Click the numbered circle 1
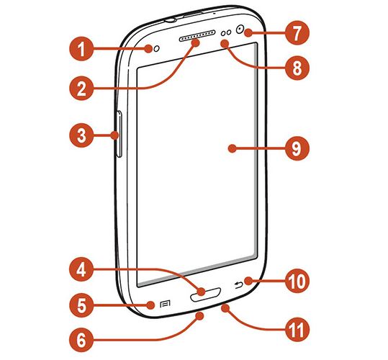pyautogui.click(x=81, y=49)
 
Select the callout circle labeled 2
pyautogui.click(x=81, y=88)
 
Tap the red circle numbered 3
pyautogui.click(x=81, y=135)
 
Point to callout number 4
pyautogui.click(x=81, y=269)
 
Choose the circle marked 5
pyautogui.click(x=81, y=305)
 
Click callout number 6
pyautogui.click(x=81, y=340)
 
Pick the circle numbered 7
pyautogui.click(x=297, y=32)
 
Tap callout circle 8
pyautogui.click(x=297, y=68)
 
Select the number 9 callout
pyautogui.click(x=297, y=148)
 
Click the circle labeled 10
pyautogui.click(x=297, y=281)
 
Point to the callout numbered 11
pyautogui.click(x=297, y=329)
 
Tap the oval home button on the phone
pyautogui.click(x=205, y=294)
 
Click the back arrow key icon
pyautogui.click(x=238, y=286)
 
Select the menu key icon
pyautogui.click(x=165, y=304)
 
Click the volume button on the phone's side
pyautogui.click(x=119, y=134)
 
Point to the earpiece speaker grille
pyautogui.click(x=197, y=35)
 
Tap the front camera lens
pyautogui.click(x=240, y=30)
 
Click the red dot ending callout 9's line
pyautogui.click(x=232, y=148)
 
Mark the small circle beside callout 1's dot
pyautogui.click(x=157, y=49)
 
